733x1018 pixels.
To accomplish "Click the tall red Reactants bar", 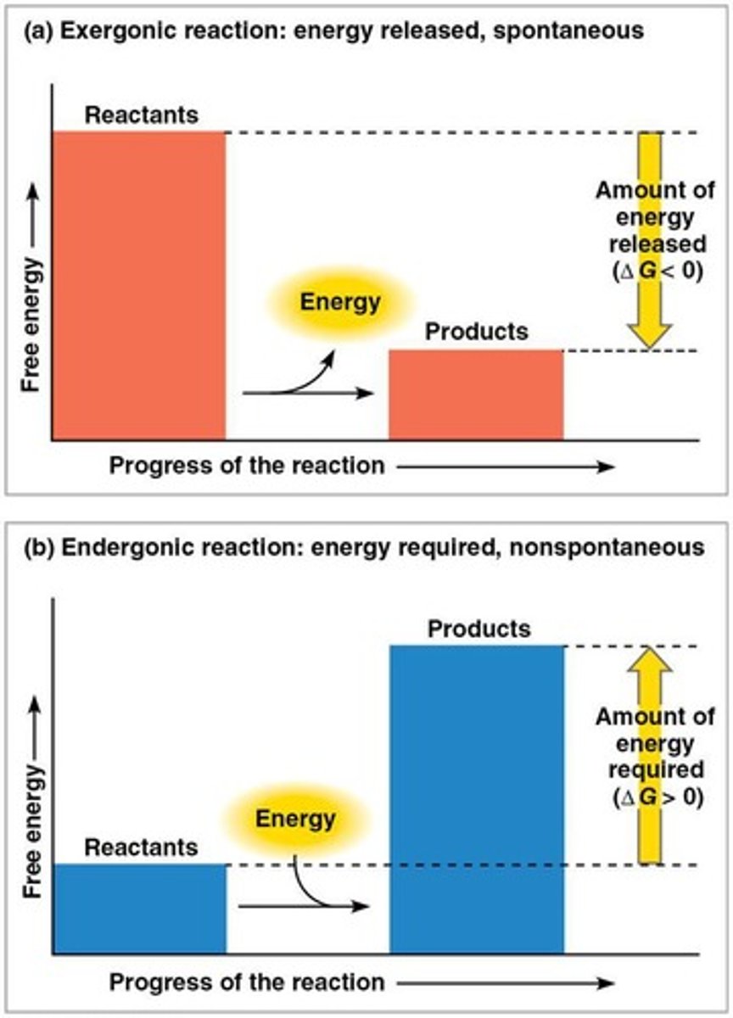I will tap(139, 285).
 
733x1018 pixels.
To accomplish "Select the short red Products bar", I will tap(476, 394).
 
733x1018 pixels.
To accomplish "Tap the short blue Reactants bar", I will tap(140, 909).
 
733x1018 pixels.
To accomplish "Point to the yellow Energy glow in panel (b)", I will tap(296, 819).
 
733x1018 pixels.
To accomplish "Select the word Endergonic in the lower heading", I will tap(107, 548).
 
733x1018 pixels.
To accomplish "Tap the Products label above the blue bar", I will tap(479, 629).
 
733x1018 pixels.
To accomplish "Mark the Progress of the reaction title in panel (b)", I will tap(246, 982).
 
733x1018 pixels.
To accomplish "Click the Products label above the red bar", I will tap(476, 332).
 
